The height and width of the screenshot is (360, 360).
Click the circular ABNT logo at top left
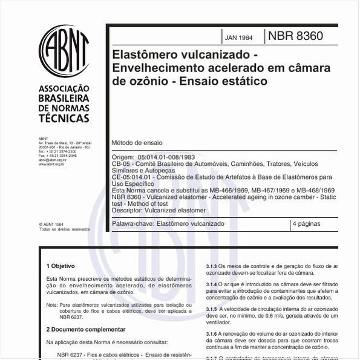(x=64, y=51)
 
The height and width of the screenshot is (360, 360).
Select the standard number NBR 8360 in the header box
(x=295, y=36)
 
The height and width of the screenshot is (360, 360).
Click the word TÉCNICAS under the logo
(x=64, y=119)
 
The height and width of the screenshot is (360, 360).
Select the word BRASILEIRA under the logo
(x=64, y=98)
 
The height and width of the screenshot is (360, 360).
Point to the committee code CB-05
(x=122, y=163)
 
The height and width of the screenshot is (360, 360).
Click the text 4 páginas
(x=306, y=224)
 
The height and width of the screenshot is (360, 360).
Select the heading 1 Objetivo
(x=61, y=266)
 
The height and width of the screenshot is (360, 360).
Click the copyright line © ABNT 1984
(x=51, y=224)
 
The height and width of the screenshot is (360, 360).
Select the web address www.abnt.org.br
(x=51, y=164)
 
